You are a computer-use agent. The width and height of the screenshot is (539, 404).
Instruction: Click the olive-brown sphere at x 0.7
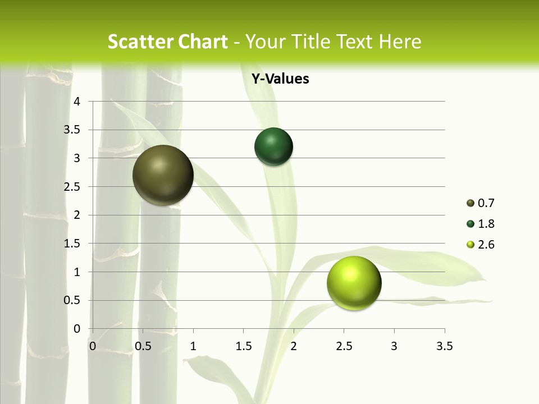coord(163,175)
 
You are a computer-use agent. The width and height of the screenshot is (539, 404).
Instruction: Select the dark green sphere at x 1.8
coord(274,146)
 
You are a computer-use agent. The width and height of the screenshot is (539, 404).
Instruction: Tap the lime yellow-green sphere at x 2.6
coord(354,283)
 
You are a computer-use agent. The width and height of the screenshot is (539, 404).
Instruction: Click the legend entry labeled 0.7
coord(481,203)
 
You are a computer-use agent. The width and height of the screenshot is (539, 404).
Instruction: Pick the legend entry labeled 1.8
coord(481,224)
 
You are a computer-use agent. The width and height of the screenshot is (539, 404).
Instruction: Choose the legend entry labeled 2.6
coord(481,245)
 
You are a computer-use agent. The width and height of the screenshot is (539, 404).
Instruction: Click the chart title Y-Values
coord(280,79)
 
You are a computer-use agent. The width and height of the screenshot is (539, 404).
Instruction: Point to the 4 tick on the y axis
coord(77,102)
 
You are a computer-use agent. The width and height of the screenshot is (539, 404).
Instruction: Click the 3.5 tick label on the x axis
coord(444,346)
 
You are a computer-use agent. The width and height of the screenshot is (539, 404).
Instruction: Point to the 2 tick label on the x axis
coord(294,346)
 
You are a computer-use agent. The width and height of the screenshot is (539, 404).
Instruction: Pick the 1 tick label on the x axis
coord(193,346)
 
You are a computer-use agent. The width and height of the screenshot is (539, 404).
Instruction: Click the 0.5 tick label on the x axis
coord(143,346)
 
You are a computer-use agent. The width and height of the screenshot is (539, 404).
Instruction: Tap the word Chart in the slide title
coord(203,42)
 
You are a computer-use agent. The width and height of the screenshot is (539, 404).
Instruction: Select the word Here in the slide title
coord(400,42)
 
